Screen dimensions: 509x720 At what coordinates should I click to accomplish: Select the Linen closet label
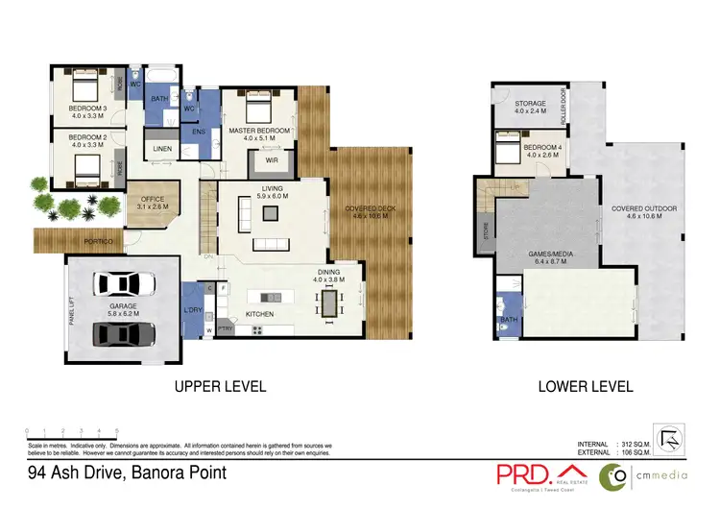coord(161,150)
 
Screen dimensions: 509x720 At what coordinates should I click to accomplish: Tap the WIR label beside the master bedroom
coord(274,160)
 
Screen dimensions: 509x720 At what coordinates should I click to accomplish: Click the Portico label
coord(100,242)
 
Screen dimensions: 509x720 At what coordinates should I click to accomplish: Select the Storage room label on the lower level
coord(529,103)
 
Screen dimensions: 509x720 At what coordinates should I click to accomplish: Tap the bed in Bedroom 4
coord(509,151)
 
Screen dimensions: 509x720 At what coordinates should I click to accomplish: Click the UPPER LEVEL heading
coord(219,387)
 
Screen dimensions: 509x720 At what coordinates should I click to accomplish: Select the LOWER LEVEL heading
coord(586,387)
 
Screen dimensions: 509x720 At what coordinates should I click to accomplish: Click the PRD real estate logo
coord(534,475)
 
